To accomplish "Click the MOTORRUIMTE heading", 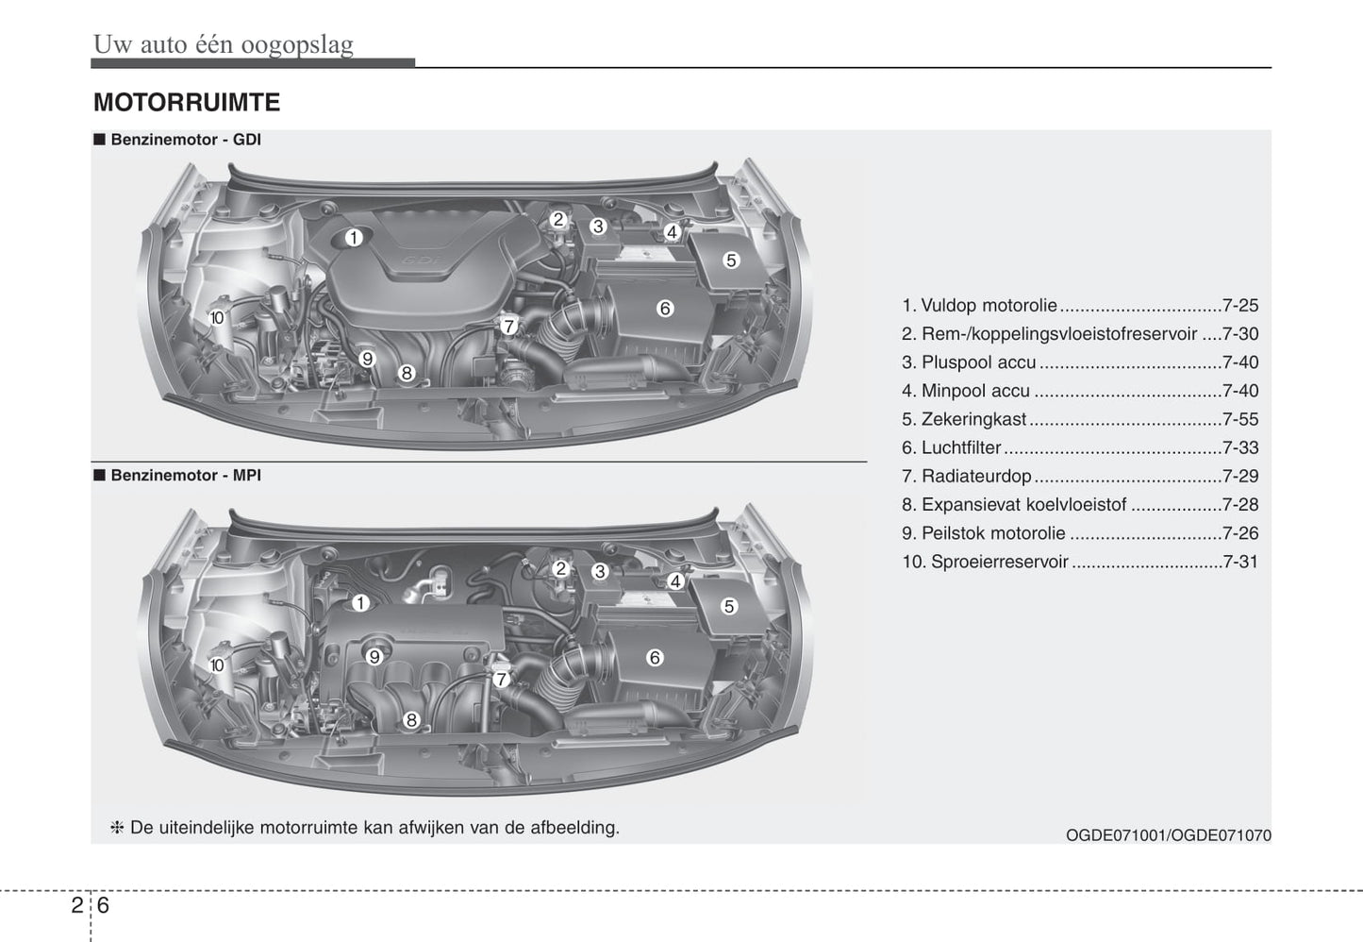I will [x=187, y=102].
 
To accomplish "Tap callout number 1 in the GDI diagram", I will [x=353, y=237].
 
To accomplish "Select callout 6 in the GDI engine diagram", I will [x=665, y=308].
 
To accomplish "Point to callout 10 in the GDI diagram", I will [x=217, y=318].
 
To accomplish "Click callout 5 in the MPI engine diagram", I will [x=729, y=606].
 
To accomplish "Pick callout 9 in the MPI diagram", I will [x=374, y=657].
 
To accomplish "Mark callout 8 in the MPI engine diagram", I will [x=411, y=720].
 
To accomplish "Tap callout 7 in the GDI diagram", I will [x=508, y=327].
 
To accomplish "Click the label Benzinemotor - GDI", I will [x=185, y=140].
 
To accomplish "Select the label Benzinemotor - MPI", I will [x=185, y=476].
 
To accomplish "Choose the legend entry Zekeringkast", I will [x=973, y=419].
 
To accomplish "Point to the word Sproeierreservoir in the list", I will [x=999, y=562].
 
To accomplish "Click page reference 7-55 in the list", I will [x=1239, y=419].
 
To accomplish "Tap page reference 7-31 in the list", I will [x=1239, y=562].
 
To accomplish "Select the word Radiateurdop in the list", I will [x=976, y=477].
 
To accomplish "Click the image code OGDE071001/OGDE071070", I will [x=1168, y=835].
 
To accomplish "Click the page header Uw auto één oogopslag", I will [x=224, y=44].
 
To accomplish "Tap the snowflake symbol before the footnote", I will [x=118, y=828].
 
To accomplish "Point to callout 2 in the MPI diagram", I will [x=560, y=568].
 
